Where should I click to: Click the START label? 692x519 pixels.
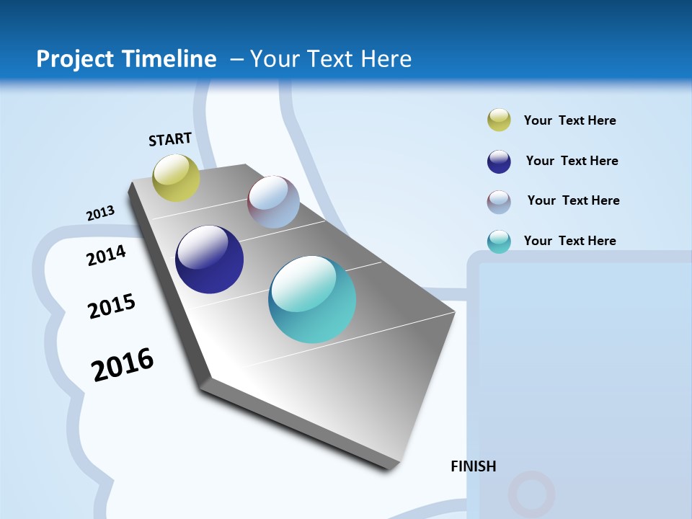click(170, 139)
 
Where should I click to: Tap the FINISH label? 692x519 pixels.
click(473, 466)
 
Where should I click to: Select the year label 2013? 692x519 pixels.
click(100, 213)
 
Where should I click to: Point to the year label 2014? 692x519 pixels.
click(106, 255)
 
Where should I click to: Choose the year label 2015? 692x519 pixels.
click(112, 306)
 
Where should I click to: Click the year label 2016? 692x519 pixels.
click(123, 365)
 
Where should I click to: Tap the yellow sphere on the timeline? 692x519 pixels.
click(176, 178)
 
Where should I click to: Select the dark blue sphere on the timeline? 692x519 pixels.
click(209, 259)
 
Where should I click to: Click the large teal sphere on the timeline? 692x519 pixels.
click(312, 299)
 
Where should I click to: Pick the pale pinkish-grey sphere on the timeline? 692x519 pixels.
click(273, 202)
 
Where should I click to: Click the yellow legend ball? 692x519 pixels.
click(499, 120)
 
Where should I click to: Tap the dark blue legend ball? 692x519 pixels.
click(499, 161)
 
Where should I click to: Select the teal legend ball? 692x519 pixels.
click(499, 241)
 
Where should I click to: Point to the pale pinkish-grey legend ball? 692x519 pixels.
click(499, 202)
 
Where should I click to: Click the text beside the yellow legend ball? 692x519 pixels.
click(569, 120)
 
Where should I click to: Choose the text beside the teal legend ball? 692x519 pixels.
click(569, 241)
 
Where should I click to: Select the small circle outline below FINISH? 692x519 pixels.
click(531, 494)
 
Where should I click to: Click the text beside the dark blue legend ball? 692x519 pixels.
click(572, 161)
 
